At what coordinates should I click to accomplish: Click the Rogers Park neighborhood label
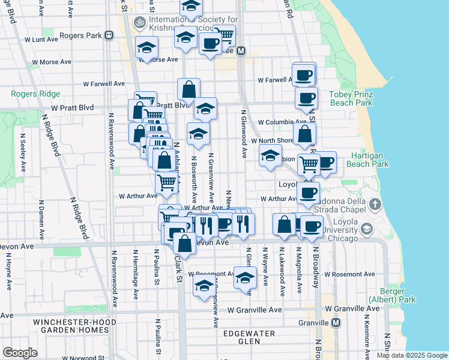(x=80, y=35)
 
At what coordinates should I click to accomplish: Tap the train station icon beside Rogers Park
(x=109, y=35)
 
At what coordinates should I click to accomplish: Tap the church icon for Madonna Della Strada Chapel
(x=375, y=204)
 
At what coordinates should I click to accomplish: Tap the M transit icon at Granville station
(x=336, y=323)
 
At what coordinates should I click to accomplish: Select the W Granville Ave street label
(x=255, y=310)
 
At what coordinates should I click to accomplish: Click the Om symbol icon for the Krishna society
(x=140, y=22)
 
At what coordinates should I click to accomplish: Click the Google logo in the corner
(x=20, y=353)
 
